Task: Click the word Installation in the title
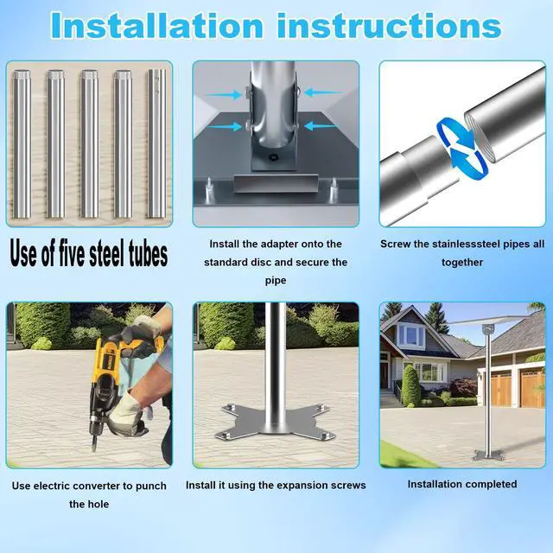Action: tap(157, 25)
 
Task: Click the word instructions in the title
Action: tap(390, 25)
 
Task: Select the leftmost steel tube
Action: tap(22, 144)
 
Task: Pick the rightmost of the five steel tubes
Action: tap(157, 143)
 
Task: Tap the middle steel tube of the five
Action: tap(90, 144)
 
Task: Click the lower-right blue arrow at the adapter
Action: tap(321, 125)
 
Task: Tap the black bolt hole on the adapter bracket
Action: tap(272, 157)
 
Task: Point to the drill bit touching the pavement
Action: tap(95, 442)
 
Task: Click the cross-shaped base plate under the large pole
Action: tap(275, 422)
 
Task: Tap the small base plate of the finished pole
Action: tap(488, 455)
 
